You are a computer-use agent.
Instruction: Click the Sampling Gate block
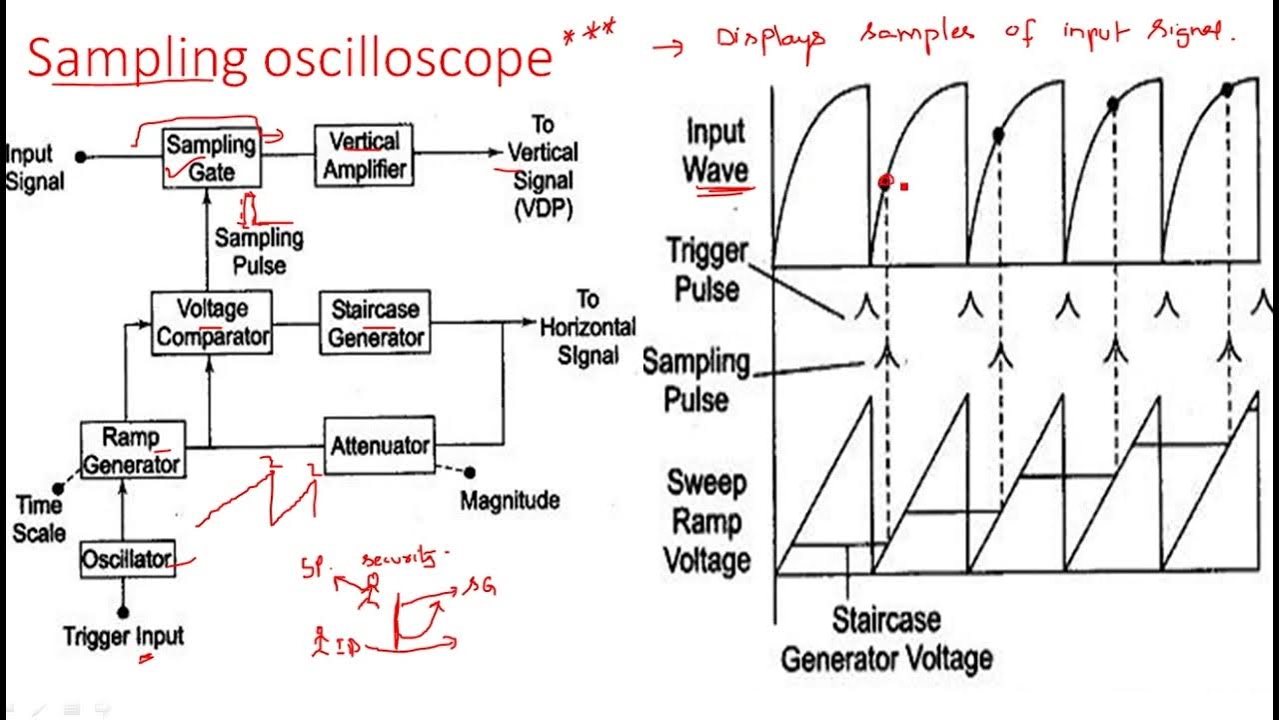pos(211,157)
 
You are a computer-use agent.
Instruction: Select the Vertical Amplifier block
pos(364,155)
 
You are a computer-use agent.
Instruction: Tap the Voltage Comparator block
pos(211,322)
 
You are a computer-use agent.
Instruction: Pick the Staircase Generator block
pos(375,322)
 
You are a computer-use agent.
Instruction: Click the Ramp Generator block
pos(132,450)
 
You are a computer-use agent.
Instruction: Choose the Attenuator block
pos(380,445)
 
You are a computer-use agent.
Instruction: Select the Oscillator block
pos(126,559)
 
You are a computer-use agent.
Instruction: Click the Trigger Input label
pos(124,636)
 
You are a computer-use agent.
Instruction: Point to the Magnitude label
pos(510,500)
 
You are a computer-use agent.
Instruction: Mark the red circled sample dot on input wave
pos(884,182)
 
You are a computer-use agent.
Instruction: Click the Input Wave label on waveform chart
pos(715,151)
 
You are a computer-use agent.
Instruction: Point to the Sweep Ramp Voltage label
pos(707,520)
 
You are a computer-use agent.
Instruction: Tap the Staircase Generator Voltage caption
pos(886,638)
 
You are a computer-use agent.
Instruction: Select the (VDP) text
pos(543,210)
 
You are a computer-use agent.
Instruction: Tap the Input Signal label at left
pos(34,168)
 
